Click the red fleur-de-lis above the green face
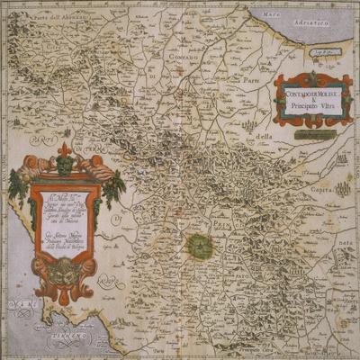pos(64,148)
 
